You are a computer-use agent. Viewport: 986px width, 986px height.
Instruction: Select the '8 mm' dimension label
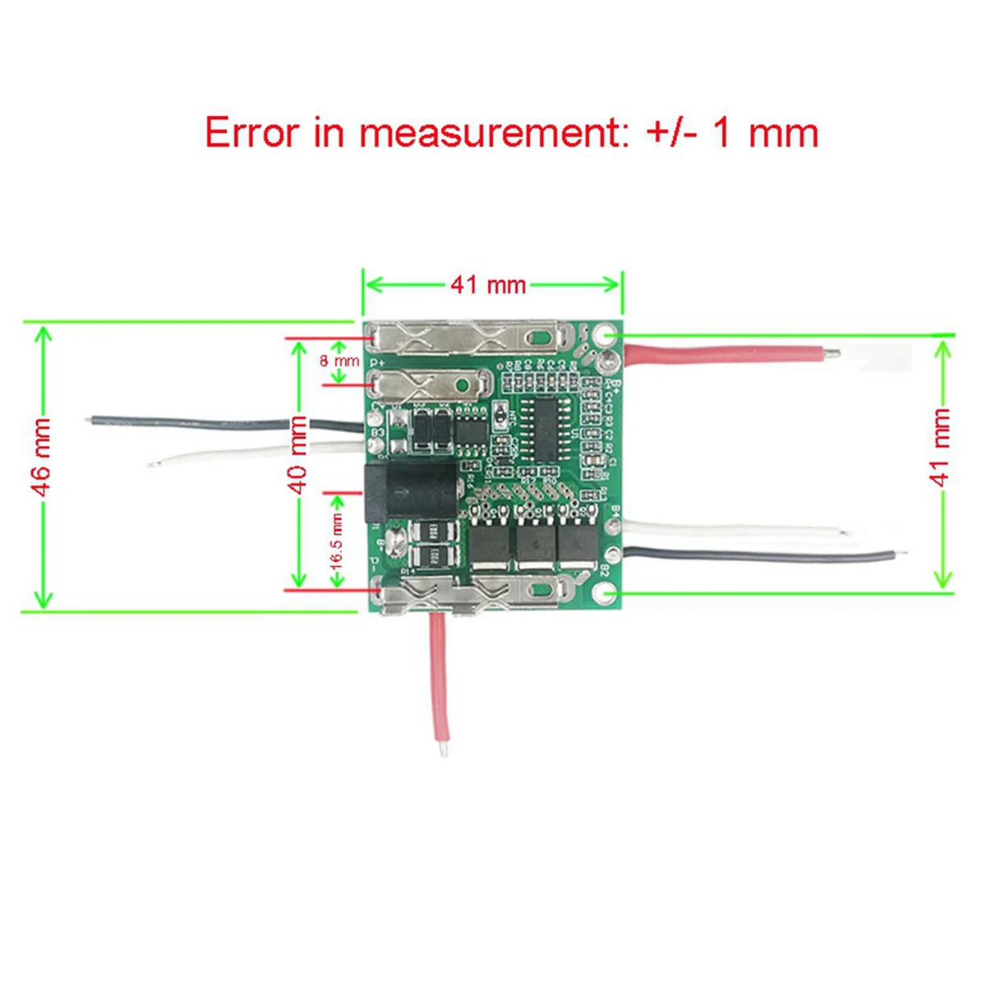click(x=339, y=361)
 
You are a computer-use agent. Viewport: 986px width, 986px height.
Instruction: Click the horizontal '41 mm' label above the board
click(x=488, y=285)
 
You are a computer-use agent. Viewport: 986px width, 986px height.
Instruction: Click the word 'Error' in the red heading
click(x=251, y=132)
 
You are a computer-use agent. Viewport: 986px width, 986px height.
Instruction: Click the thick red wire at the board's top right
click(x=723, y=354)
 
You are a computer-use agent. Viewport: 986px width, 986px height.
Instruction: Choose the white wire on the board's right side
click(x=731, y=530)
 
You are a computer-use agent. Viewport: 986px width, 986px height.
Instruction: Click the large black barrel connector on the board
click(x=409, y=491)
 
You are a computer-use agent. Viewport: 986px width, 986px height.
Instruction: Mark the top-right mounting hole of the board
click(x=606, y=335)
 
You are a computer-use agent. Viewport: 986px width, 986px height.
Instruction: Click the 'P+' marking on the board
click(x=378, y=362)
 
